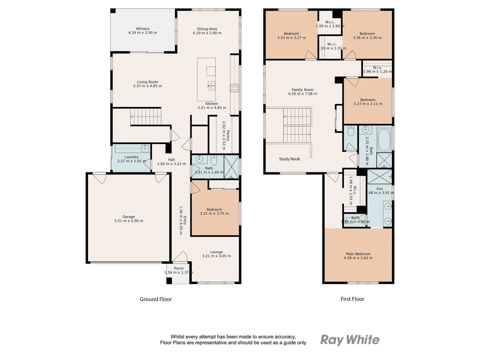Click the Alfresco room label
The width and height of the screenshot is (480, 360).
pos(142,29)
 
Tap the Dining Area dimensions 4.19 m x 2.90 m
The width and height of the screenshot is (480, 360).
pos(207,33)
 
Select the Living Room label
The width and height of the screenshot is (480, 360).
pos(147,82)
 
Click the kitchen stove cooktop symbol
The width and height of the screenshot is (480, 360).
pos(234,88)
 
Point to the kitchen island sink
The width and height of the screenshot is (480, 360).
pos(211,85)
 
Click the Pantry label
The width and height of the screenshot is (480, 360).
pos(228,136)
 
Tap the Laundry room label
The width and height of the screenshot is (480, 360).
pos(131,157)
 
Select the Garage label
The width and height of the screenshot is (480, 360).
pos(128,217)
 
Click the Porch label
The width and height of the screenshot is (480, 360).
pos(179,268)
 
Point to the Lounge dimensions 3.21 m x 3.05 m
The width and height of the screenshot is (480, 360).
pos(216,256)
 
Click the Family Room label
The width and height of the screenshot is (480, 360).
pos(302,90)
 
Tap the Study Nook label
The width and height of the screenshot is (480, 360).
pos(289,159)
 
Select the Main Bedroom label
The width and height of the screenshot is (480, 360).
pos(358,254)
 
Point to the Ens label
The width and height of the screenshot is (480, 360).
pos(380,189)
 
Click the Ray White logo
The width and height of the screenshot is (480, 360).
pos(350,340)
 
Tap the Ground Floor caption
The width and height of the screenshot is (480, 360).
pos(156,299)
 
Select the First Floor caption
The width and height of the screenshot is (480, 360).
pos(352,299)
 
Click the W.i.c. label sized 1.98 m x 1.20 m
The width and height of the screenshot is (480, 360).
pos(377,68)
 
